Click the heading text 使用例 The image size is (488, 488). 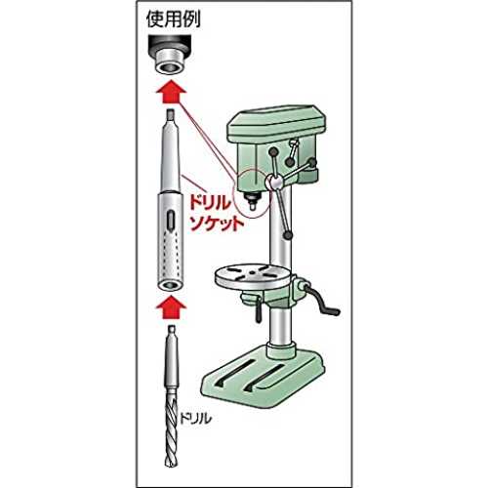click(173, 20)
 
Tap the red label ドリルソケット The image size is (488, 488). click(217, 213)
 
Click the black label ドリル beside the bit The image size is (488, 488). click(195, 418)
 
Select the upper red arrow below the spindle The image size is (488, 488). click(171, 93)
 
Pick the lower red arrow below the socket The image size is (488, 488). click(171, 307)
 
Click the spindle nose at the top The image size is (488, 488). click(169, 55)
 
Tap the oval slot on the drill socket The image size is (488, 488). click(169, 222)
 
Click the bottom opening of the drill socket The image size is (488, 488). click(170, 286)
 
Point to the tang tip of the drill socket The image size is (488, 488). click(171, 115)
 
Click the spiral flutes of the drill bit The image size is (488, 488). click(171, 429)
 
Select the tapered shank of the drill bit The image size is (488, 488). click(172, 361)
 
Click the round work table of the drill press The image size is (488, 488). click(253, 276)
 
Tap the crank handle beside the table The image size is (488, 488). click(323, 300)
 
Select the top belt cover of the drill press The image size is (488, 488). click(276, 123)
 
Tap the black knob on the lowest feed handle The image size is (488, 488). click(288, 235)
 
